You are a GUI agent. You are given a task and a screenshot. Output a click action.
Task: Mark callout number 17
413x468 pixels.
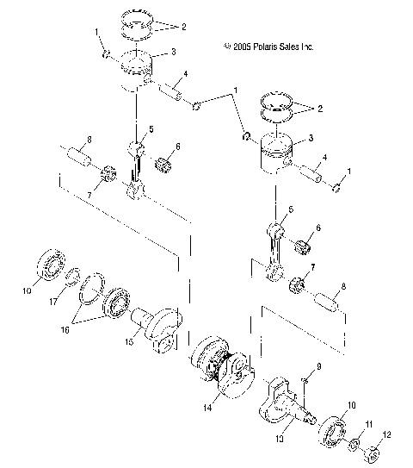click(53, 302)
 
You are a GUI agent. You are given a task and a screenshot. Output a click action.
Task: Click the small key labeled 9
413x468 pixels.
click(305, 379)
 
